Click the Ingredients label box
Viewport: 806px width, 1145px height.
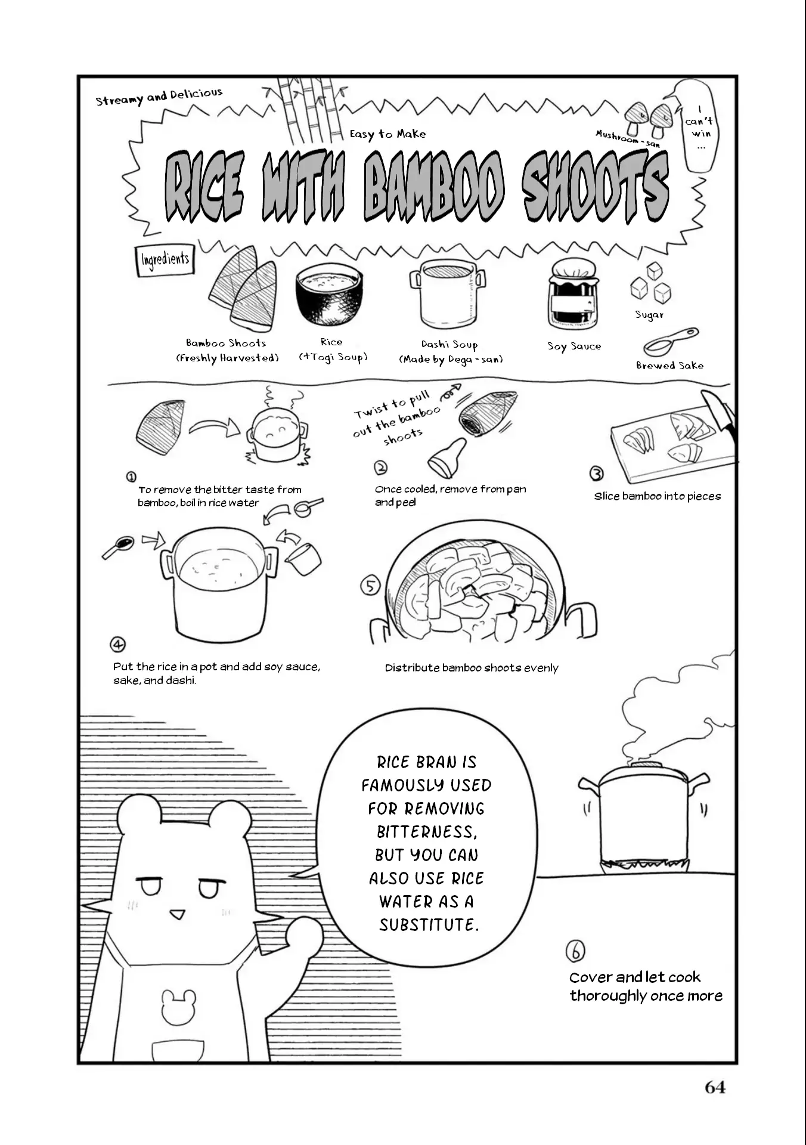tap(165, 259)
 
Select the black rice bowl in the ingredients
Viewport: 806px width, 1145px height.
tap(329, 295)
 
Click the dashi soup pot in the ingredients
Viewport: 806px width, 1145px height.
tap(447, 294)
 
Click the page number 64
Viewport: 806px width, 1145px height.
tap(715, 1087)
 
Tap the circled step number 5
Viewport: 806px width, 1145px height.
tap(370, 586)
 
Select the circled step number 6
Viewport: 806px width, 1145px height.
tap(575, 951)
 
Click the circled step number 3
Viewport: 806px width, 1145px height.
tap(596, 474)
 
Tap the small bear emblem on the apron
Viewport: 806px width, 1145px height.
tap(179, 1007)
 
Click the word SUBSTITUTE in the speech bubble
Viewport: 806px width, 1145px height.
tap(429, 925)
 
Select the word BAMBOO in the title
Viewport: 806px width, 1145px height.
tap(434, 185)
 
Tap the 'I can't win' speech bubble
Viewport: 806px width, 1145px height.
tap(700, 126)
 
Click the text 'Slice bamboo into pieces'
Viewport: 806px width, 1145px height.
tap(658, 496)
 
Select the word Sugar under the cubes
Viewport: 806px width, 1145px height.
tap(649, 314)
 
